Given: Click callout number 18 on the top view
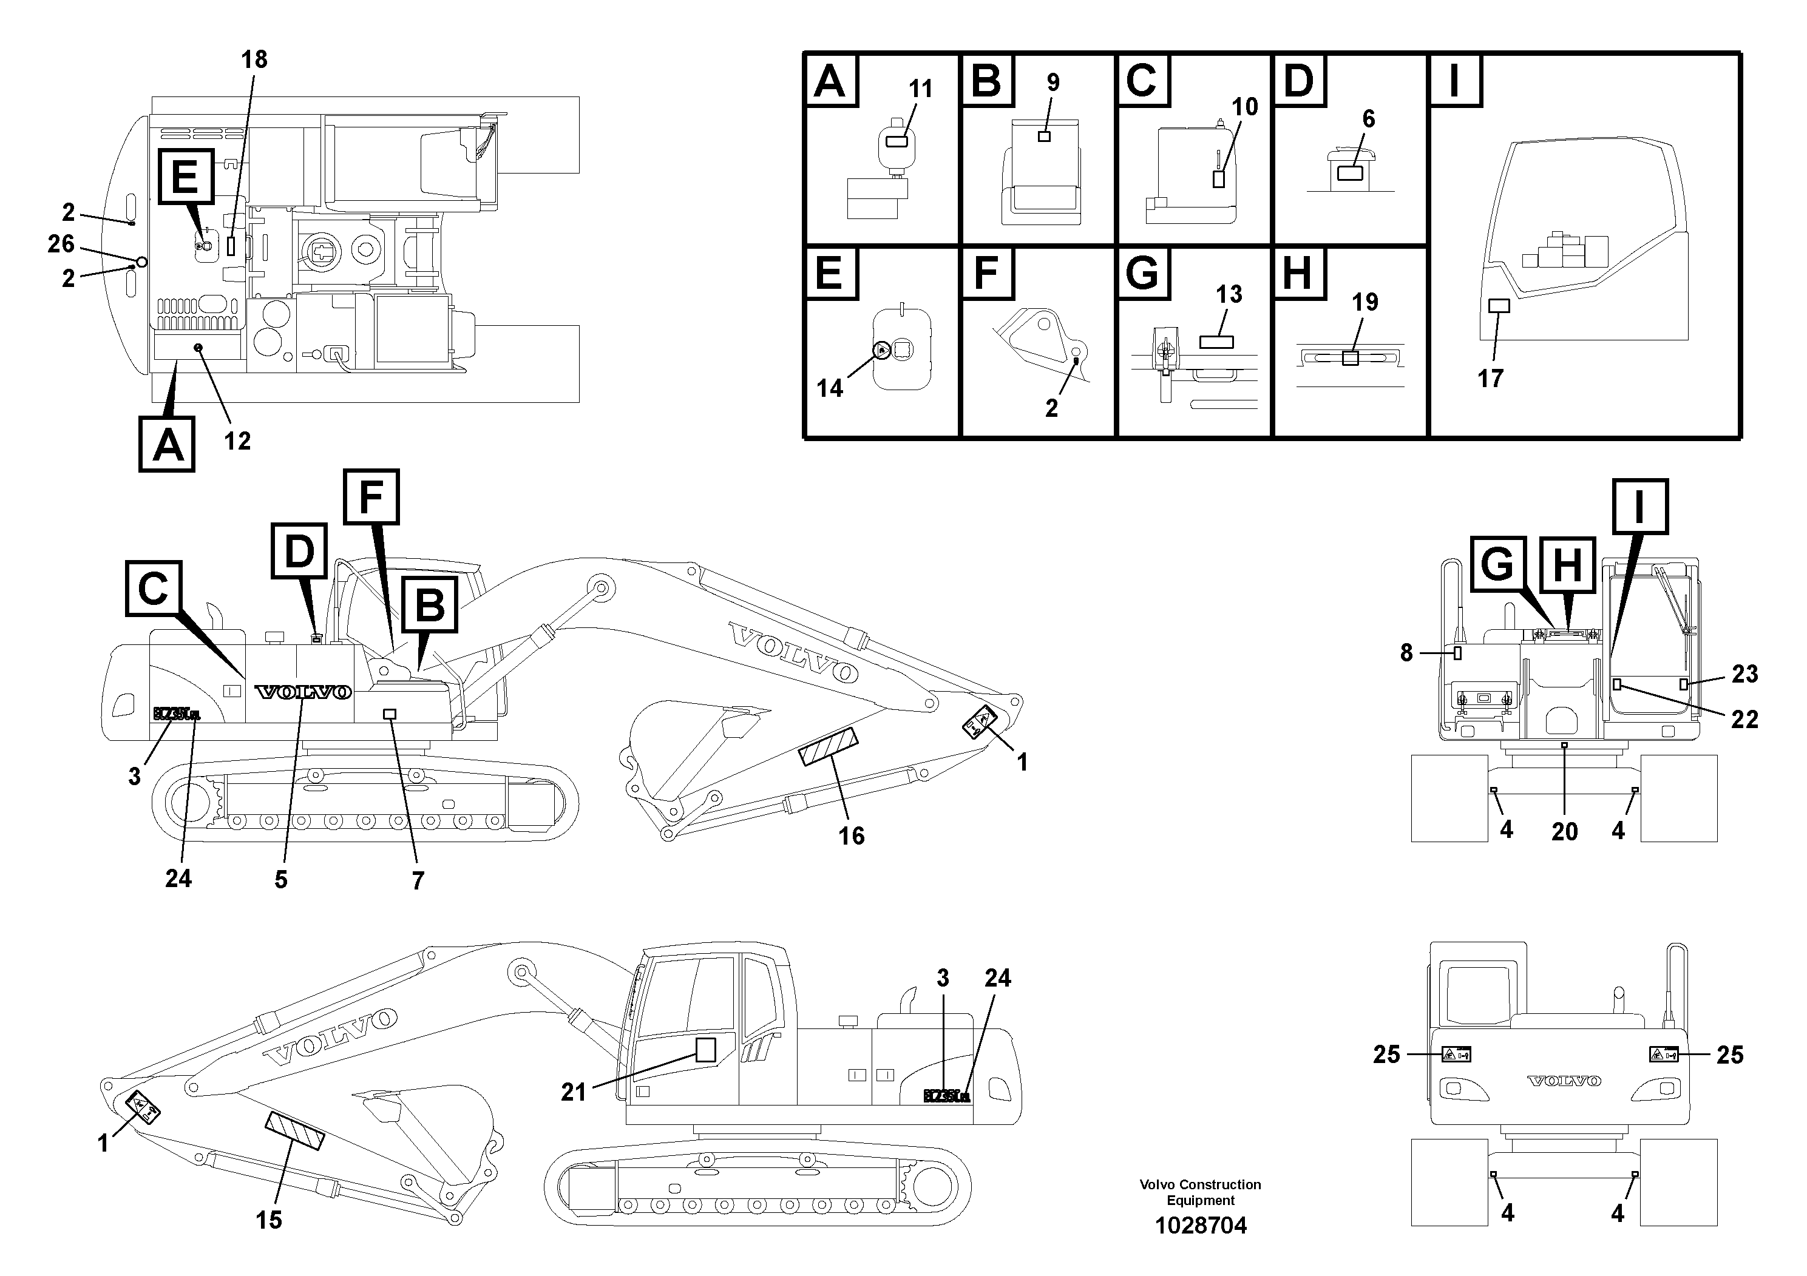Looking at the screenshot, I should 254,60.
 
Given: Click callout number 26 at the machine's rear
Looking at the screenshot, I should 61,244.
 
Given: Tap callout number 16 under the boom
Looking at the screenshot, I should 852,835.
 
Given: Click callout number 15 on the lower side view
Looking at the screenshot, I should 268,1220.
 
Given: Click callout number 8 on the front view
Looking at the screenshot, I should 1406,653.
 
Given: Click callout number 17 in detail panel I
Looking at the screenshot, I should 1490,379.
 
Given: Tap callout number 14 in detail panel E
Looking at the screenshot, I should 830,388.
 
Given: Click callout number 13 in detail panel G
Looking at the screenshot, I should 1229,294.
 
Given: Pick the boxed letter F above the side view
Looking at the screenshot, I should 371,496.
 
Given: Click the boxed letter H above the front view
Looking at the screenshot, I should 1566,565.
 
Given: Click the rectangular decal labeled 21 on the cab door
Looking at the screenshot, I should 705,1050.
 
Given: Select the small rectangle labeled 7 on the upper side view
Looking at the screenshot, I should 390,714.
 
